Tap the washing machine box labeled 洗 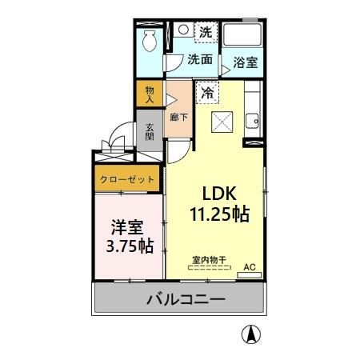[206, 34]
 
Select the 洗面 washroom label [199, 59]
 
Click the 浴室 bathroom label [245, 62]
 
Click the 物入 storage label [150, 94]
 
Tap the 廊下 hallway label [179, 117]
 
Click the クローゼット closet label [128, 180]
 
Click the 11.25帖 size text [219, 214]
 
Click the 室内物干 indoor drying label [209, 258]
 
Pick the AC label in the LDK [248, 266]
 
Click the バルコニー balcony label [185, 301]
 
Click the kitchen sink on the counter [253, 122]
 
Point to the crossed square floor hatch [221, 121]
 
